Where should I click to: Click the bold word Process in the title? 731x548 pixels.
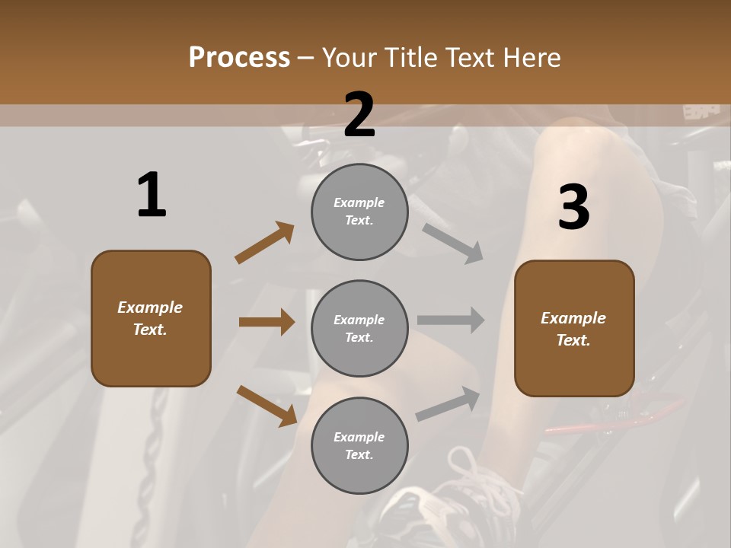239,57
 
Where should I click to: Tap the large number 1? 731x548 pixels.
152,195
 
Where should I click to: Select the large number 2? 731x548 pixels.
359,114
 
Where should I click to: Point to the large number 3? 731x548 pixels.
573,207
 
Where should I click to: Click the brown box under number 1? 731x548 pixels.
151,318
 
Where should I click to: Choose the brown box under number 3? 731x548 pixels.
574,328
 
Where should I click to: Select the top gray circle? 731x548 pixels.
359,212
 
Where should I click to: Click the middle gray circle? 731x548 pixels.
359,328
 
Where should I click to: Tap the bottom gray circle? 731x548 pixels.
359,445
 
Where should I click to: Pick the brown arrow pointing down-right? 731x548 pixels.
267,406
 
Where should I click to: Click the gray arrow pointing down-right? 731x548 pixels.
453,244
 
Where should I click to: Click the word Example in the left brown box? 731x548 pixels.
150,307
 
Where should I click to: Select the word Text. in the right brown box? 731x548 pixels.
573,340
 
